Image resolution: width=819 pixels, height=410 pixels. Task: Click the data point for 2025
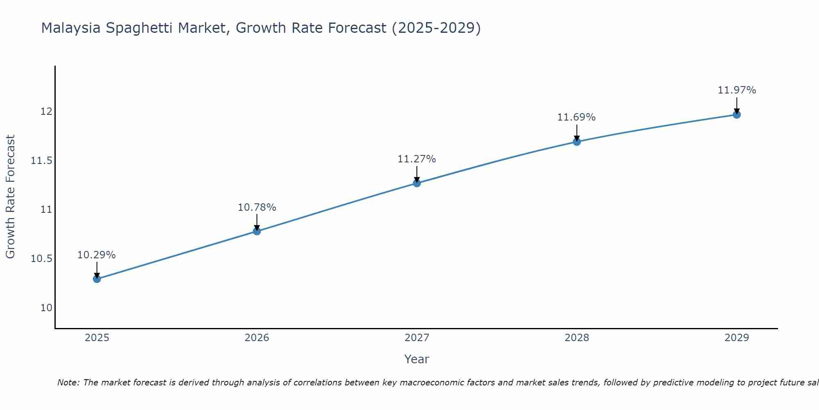click(x=97, y=279)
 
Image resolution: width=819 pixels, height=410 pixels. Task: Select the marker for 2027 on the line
click(x=416, y=183)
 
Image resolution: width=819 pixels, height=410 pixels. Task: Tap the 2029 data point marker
click(x=736, y=114)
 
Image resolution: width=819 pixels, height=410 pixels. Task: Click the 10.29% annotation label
click(x=97, y=255)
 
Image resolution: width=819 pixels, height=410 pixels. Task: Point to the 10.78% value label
click(x=257, y=207)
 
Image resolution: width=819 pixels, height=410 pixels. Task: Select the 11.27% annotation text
click(x=416, y=159)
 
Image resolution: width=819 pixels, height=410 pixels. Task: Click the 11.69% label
click(x=576, y=117)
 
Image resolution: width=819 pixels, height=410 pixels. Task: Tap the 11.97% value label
click(x=736, y=90)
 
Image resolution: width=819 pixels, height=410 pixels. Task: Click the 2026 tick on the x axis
click(x=257, y=338)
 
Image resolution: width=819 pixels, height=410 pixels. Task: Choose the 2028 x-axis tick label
click(x=577, y=338)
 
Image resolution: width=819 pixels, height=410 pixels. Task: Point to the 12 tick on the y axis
click(x=46, y=112)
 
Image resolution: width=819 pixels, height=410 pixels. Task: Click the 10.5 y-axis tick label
click(x=42, y=259)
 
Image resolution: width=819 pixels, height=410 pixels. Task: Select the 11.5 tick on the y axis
click(x=42, y=161)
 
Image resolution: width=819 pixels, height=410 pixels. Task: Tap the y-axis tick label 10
click(x=46, y=308)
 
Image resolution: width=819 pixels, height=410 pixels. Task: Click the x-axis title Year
click(x=416, y=359)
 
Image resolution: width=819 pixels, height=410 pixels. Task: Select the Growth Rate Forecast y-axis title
click(x=10, y=197)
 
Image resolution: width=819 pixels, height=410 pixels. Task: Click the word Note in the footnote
click(x=68, y=383)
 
